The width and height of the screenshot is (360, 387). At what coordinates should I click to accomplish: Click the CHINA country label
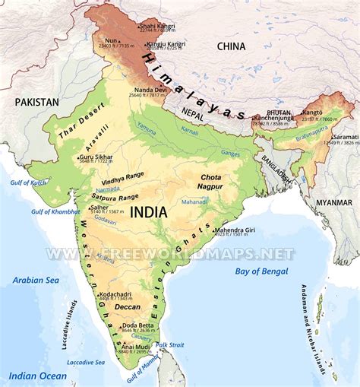point(232,46)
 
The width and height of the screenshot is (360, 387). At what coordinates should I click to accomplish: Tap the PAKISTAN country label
point(36,101)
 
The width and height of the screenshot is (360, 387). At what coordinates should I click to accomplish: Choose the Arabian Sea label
point(35,281)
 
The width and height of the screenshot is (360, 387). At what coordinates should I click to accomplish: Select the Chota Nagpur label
point(210,180)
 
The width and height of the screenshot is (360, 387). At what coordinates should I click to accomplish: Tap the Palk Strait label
point(170,344)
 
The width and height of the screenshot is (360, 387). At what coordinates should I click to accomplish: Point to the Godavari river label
point(105,220)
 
